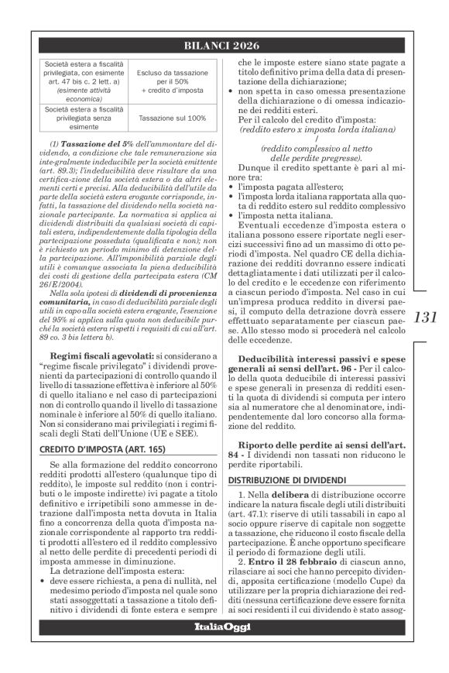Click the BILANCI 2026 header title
click(224, 46)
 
